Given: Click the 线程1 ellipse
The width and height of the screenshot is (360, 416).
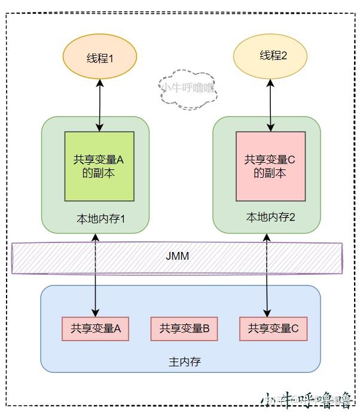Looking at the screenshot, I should click(99, 58).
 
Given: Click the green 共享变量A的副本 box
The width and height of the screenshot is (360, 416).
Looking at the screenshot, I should click(99, 166).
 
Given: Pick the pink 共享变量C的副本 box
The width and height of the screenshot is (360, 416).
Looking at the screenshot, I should click(270, 166).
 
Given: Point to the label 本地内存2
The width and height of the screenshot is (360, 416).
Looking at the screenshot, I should click(270, 217).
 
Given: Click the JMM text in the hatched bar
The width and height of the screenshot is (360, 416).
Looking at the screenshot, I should click(178, 256).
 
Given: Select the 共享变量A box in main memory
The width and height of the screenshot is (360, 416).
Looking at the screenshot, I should click(96, 328).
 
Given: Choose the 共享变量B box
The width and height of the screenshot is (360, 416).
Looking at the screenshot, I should click(184, 328).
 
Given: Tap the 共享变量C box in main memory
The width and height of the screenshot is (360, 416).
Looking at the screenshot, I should click(273, 328).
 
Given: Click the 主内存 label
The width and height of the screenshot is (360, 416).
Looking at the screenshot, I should click(181, 362).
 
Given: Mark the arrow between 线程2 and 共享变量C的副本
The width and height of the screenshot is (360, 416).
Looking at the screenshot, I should click(271, 105).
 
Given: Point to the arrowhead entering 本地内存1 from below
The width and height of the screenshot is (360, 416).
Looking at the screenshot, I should click(96, 238).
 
